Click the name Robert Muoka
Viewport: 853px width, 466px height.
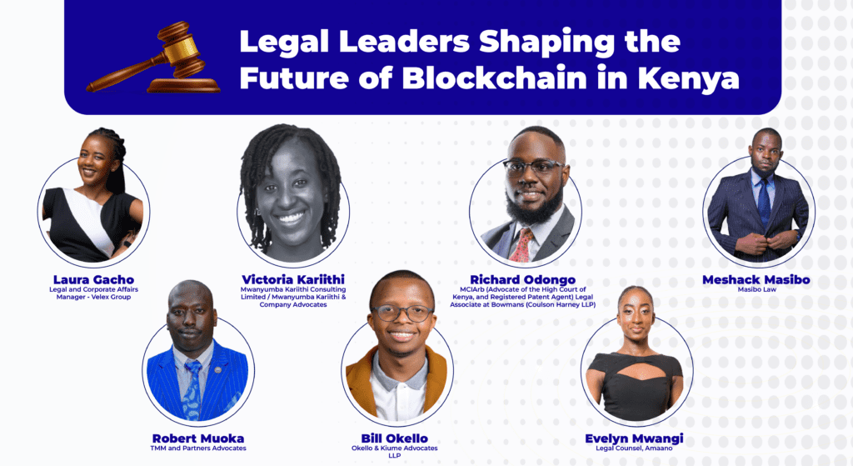point(198,438)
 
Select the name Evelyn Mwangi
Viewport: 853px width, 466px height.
point(636,438)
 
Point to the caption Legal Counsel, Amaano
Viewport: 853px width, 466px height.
point(636,449)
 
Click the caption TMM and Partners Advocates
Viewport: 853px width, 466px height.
point(198,448)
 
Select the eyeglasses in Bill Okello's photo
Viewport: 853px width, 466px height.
point(403,313)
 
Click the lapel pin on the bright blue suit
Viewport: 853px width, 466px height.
point(217,368)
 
